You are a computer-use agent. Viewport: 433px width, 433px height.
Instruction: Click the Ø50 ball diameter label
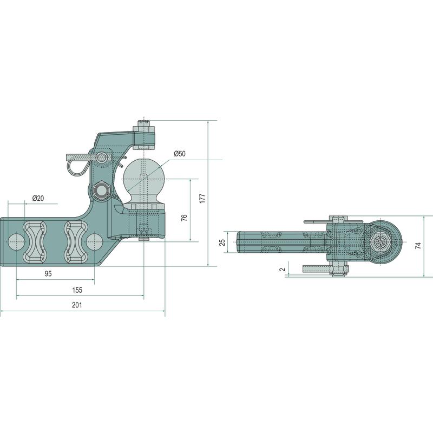(180, 154)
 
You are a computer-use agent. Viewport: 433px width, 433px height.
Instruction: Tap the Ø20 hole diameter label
(38, 198)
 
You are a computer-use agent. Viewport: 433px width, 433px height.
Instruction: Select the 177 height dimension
(202, 199)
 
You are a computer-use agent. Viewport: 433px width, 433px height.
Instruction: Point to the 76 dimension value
(185, 218)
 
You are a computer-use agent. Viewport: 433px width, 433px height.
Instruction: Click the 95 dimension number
(48, 274)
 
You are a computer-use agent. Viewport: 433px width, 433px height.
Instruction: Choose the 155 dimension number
(77, 290)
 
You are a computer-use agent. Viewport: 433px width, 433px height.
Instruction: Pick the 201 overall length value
(77, 305)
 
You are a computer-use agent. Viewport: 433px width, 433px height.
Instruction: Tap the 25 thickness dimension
(222, 242)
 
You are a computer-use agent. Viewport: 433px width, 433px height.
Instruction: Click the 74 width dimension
(418, 246)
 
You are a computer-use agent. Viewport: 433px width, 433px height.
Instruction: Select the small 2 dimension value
(282, 269)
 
